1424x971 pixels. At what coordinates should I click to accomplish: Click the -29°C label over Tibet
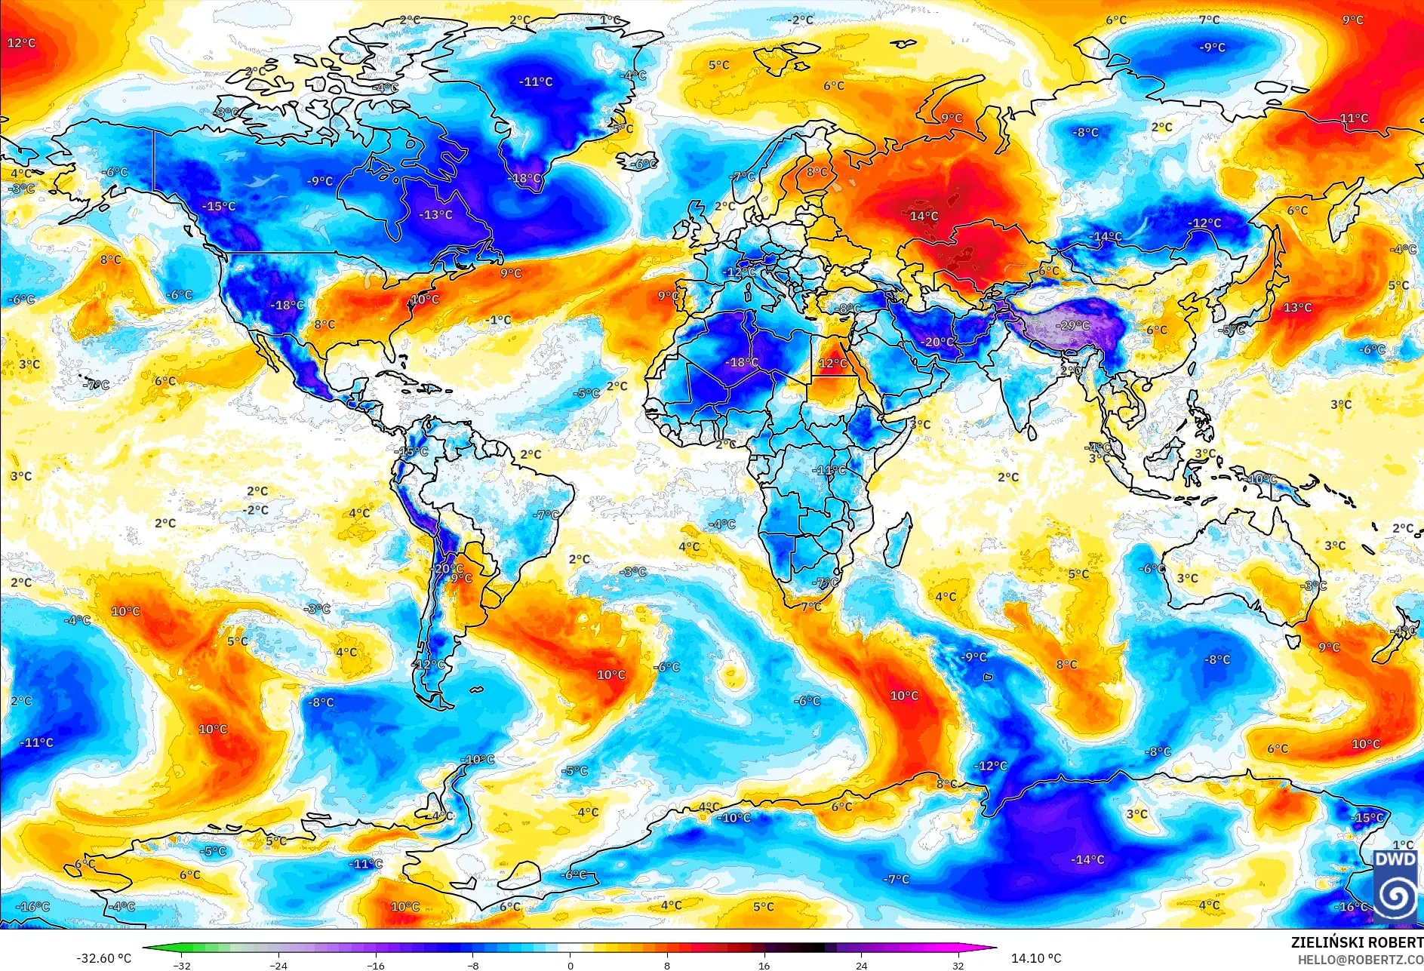coord(1075,326)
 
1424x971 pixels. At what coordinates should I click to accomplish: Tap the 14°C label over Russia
coord(924,217)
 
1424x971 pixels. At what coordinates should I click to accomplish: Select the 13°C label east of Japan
coord(1297,308)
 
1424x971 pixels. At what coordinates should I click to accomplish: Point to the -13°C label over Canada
coord(435,215)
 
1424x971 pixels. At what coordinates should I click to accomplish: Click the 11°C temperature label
coord(1354,118)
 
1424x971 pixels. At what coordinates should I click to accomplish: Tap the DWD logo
coord(1395,883)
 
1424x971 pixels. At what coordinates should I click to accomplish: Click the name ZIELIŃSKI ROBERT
coord(1356,942)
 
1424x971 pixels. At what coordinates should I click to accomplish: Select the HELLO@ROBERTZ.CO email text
coord(1360,959)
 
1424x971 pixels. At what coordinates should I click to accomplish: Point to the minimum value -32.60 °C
coord(103,958)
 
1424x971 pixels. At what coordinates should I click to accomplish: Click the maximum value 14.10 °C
coord(1035,958)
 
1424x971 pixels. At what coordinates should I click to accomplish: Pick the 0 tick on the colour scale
coord(570,965)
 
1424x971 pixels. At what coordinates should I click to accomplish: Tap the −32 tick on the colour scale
coord(181,965)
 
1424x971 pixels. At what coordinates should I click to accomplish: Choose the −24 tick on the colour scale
coord(278,965)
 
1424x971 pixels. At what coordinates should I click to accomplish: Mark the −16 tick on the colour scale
coord(376,965)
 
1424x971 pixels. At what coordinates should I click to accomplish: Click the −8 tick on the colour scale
coord(472,965)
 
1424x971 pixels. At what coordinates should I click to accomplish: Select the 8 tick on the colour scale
coord(667,965)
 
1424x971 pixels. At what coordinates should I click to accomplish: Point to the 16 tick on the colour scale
coord(764,965)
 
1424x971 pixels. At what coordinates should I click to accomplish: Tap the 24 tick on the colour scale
coord(861,965)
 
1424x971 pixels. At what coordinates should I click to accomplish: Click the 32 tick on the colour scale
coord(958,965)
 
